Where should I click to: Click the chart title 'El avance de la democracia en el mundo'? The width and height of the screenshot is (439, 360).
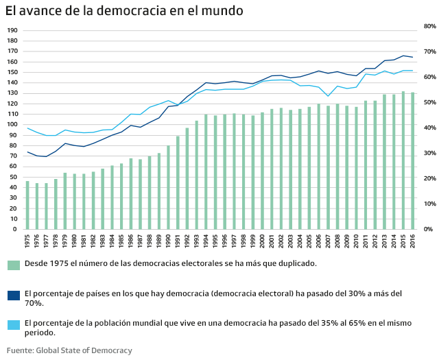click(123, 12)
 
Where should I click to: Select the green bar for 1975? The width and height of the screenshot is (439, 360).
click(27, 205)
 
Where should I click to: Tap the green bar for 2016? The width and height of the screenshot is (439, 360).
click(412, 161)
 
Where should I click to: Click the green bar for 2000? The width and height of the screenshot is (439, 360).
click(262, 171)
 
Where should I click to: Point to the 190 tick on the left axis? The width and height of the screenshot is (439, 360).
click(12, 31)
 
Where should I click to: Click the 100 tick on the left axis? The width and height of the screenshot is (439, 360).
click(12, 125)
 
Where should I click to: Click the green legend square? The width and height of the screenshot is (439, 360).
click(13, 265)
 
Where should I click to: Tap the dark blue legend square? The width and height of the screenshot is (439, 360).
click(13, 296)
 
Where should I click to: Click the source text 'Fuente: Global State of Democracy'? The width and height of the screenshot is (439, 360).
click(69, 350)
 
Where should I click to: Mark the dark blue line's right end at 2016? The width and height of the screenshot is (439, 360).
click(412, 57)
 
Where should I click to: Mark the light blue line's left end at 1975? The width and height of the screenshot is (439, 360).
click(27, 128)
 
